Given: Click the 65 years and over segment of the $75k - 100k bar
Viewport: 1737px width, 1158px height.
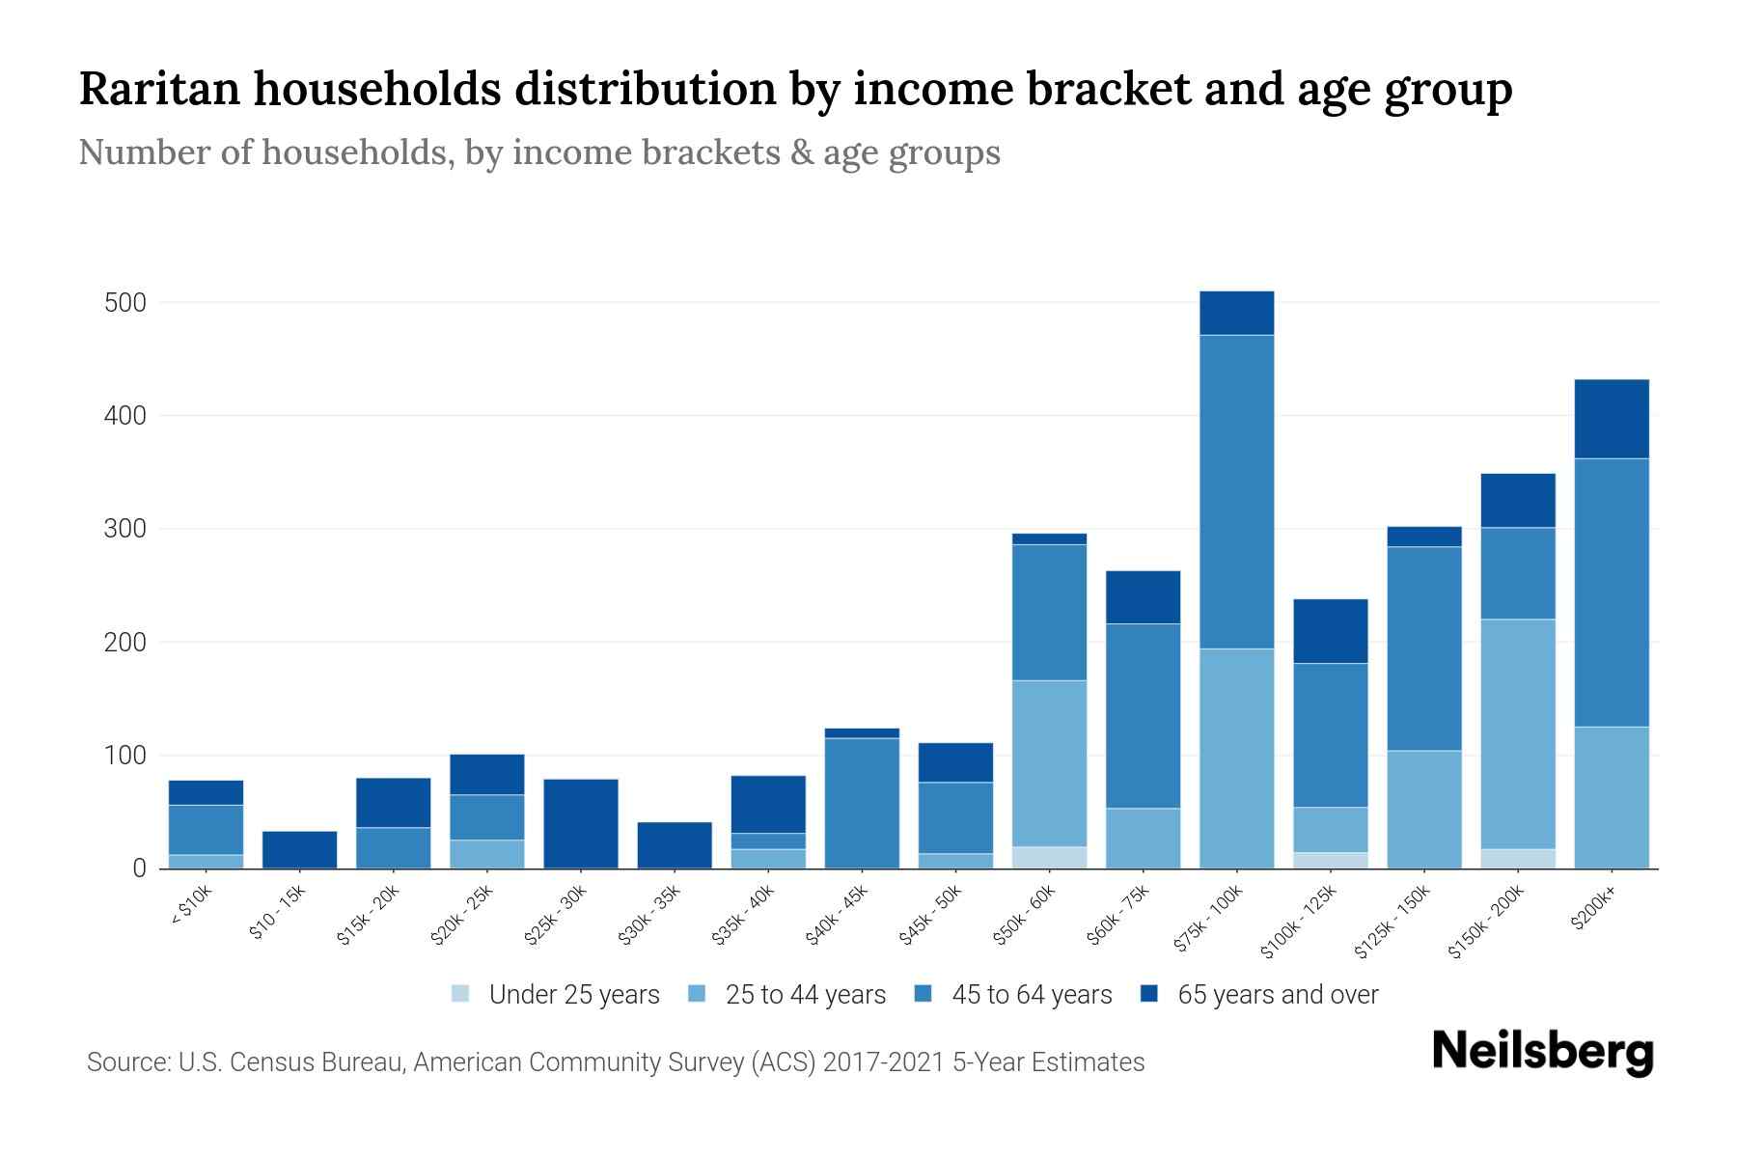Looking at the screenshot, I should pos(1236,313).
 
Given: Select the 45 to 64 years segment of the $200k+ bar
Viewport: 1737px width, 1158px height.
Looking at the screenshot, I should pos(1612,592).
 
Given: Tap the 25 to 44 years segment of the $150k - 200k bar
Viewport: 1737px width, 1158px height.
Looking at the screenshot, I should pos(1518,733).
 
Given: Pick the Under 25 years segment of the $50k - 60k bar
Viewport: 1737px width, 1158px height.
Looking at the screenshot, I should pos(1049,857).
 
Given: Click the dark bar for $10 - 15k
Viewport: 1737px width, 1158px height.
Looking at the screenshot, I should pos(299,849).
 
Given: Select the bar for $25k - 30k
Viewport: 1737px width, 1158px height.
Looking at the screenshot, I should pos(581,823).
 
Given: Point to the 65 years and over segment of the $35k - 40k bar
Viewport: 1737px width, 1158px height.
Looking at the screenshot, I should pos(768,804).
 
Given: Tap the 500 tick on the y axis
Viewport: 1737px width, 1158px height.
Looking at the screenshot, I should pos(124,303).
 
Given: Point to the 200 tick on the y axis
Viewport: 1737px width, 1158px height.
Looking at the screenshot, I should pos(124,643).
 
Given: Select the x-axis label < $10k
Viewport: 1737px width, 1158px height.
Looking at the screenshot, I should pos(191,907).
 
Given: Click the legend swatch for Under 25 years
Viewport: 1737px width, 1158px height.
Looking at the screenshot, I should pos(460,993).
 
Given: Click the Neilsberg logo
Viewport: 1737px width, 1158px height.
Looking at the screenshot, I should pos(1543,1053).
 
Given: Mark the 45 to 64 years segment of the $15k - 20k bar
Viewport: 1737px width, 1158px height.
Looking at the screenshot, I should pos(393,847).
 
